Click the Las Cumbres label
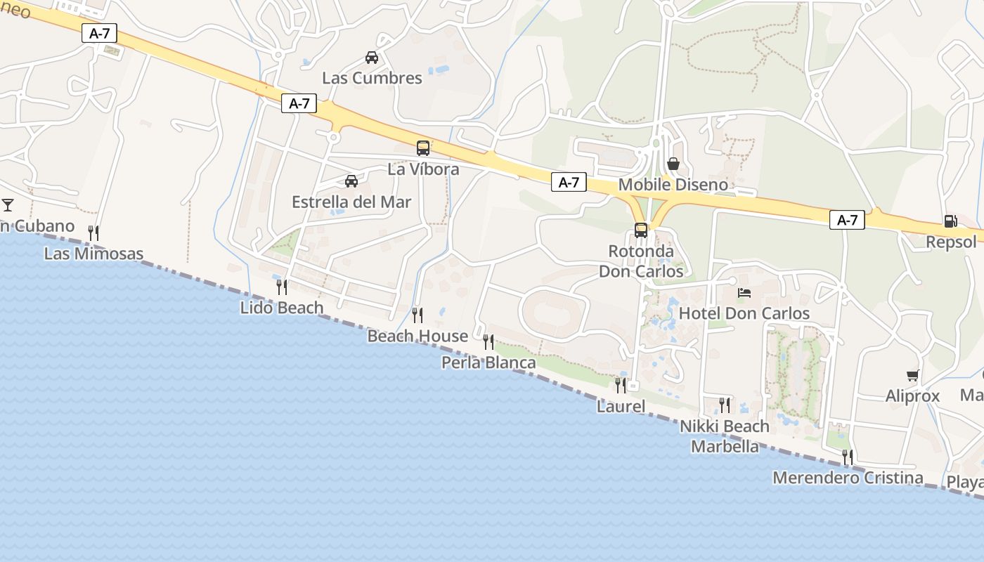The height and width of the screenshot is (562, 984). coord(372,78)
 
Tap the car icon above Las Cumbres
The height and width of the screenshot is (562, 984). coord(371,58)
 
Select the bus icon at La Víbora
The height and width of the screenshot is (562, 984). coord(422,148)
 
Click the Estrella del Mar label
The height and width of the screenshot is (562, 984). coord(351,202)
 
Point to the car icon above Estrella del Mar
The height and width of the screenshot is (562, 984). coord(351,181)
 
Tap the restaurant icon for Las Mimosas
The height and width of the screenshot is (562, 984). coord(93,233)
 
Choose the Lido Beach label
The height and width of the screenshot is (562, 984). coord(282,308)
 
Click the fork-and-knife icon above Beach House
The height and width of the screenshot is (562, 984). coord(417,315)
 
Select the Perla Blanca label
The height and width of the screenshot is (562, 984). coord(488,362)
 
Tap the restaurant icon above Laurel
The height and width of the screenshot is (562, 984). coord(620,385)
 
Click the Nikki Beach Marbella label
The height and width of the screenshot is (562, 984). coord(725,436)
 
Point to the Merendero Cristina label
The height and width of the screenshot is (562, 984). coord(848,478)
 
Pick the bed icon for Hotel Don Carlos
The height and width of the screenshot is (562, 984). coord(744,292)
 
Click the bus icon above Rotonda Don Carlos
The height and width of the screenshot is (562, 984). coord(640,230)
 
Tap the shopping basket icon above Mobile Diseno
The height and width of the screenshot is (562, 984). coord(673,164)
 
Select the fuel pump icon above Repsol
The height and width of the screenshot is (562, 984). coord(950,221)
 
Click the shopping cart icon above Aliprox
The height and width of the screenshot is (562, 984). coord(912,375)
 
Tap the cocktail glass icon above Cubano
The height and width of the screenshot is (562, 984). coord(8,205)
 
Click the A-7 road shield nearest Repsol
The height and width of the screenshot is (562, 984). coord(848,220)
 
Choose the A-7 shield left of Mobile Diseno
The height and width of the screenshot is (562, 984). coord(569,183)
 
